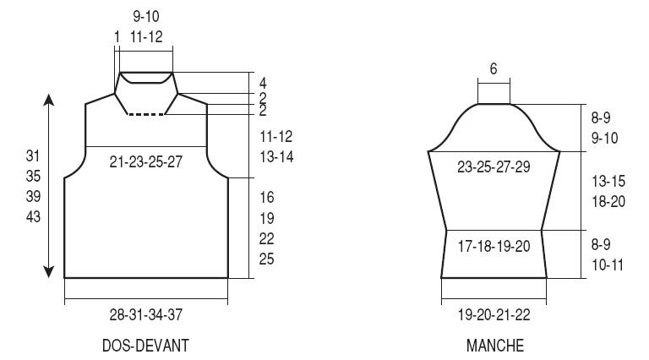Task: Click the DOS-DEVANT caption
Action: [x=145, y=346]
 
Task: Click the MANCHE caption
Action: [x=495, y=346]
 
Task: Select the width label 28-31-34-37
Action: [x=145, y=315]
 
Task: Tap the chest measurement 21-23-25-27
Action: [x=145, y=161]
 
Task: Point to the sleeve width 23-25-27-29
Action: [x=494, y=166]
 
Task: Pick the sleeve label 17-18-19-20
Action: [x=494, y=247]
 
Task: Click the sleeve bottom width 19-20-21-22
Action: [x=494, y=315]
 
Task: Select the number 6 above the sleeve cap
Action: [x=494, y=68]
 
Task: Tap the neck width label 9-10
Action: [x=146, y=17]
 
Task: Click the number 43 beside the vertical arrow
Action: [x=33, y=216]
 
